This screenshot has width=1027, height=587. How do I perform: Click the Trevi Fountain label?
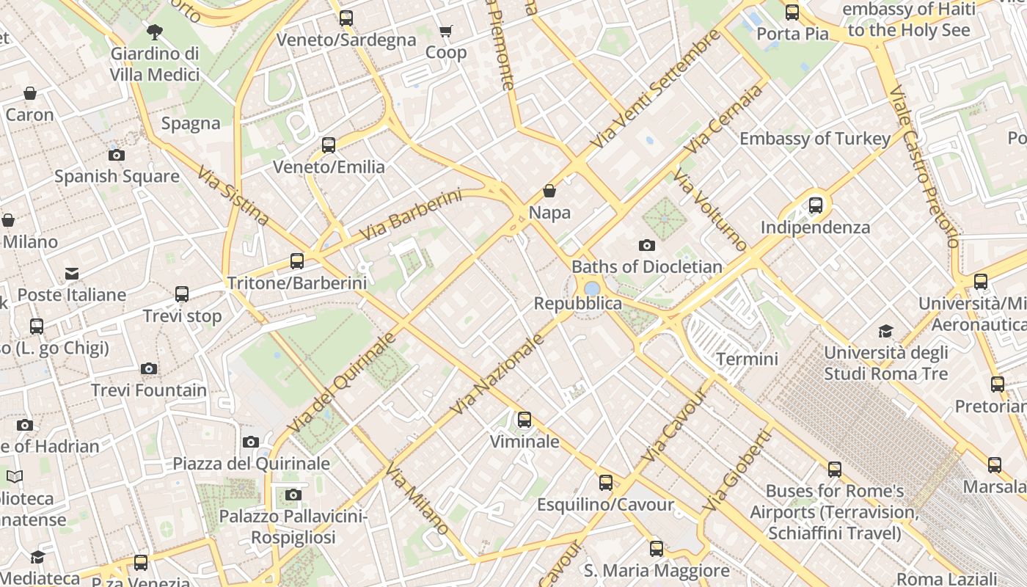[x=149, y=390]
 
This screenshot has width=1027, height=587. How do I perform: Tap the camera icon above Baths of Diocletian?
[x=646, y=245]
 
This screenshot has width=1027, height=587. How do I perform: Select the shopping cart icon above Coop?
[x=445, y=31]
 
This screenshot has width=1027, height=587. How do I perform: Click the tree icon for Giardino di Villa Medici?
[x=154, y=32]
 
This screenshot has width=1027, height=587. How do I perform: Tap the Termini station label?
[x=747, y=359]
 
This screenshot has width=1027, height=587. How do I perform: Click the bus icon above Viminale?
[x=524, y=420]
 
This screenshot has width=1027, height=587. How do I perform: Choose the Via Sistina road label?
[x=233, y=194]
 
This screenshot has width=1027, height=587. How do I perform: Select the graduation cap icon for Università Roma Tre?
[x=886, y=331]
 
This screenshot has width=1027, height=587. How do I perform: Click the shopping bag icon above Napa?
[x=549, y=191]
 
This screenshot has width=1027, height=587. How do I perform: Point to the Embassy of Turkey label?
[x=815, y=139]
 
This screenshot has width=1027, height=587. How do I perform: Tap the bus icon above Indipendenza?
[x=815, y=205]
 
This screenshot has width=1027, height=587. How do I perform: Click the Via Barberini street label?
[x=411, y=215]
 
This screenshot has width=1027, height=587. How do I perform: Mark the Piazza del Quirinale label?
[x=251, y=464]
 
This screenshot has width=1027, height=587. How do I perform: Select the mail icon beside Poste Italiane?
[x=72, y=274]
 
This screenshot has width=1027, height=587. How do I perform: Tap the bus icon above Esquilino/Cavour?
[x=605, y=483]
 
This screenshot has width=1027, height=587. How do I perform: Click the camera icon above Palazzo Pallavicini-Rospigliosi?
[x=293, y=495]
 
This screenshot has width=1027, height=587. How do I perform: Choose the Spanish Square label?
[x=117, y=176]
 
